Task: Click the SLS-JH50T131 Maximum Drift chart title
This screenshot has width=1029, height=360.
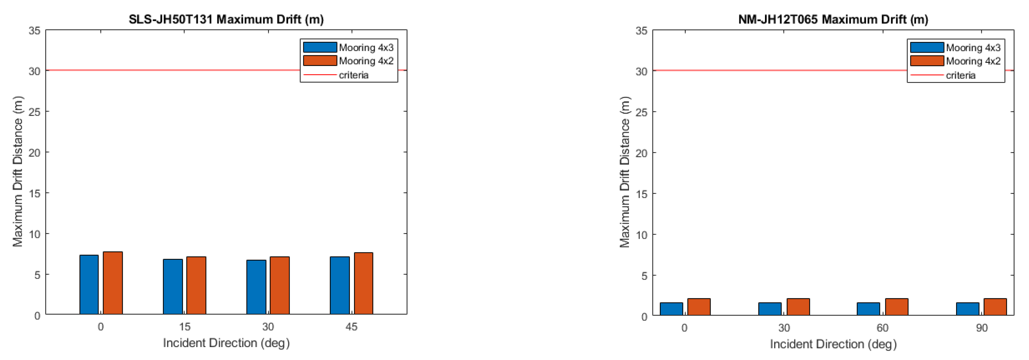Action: coord(226,19)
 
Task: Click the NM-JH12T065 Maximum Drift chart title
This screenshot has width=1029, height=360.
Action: coord(833,19)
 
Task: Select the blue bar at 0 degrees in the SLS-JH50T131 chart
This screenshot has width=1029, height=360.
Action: coord(89,285)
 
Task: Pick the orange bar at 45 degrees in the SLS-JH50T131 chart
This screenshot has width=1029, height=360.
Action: coord(364,283)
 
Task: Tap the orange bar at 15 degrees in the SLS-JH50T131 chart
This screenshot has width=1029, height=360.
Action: coord(196,285)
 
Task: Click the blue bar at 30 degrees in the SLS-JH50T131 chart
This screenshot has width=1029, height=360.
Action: coord(256,287)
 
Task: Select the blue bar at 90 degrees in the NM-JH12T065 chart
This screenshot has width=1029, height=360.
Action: coord(968,309)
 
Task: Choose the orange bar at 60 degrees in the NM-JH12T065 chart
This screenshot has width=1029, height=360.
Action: coord(897,307)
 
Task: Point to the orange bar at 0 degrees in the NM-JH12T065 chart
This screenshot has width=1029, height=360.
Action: coord(699,307)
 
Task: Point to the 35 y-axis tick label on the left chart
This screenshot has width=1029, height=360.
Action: coord(35,31)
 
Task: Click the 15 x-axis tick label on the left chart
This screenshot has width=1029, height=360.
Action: coord(184,327)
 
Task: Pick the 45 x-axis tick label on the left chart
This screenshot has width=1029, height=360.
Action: coord(351,327)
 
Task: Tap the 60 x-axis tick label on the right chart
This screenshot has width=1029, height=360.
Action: coord(882,328)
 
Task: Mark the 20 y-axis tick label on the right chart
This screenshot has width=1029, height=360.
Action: coord(642,153)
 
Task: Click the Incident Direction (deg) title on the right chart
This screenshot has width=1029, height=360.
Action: coord(833,344)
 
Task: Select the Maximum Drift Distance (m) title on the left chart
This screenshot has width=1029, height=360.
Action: coord(18,171)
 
